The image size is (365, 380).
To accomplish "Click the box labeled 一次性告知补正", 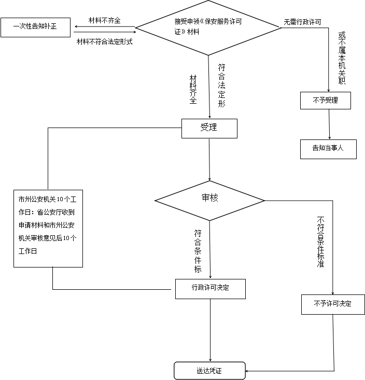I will (x=35, y=27).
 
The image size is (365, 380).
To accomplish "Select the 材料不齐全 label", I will (x=104, y=20).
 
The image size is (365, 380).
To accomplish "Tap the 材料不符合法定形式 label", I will (x=105, y=41).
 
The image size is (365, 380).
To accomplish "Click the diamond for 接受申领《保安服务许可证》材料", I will (x=208, y=27).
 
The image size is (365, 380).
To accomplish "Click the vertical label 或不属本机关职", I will (x=341, y=57).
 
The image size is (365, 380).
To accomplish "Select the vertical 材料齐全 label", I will (x=193, y=88).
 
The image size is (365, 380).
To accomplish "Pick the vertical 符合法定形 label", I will (x=221, y=85).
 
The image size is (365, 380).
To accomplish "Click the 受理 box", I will (x=209, y=128).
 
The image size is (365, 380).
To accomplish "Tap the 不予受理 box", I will (x=325, y=101).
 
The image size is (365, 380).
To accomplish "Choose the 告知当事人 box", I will (x=328, y=149).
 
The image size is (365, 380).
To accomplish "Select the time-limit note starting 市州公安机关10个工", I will (x=48, y=228).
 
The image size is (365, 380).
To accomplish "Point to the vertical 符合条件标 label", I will (x=198, y=250).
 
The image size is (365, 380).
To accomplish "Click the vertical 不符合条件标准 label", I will (x=320, y=243).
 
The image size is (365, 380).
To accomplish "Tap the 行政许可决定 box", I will (x=210, y=288).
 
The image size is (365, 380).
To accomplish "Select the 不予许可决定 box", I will (x=332, y=304).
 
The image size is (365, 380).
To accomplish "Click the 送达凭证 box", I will (x=209, y=371).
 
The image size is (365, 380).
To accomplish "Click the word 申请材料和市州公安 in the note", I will (x=47, y=225).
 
